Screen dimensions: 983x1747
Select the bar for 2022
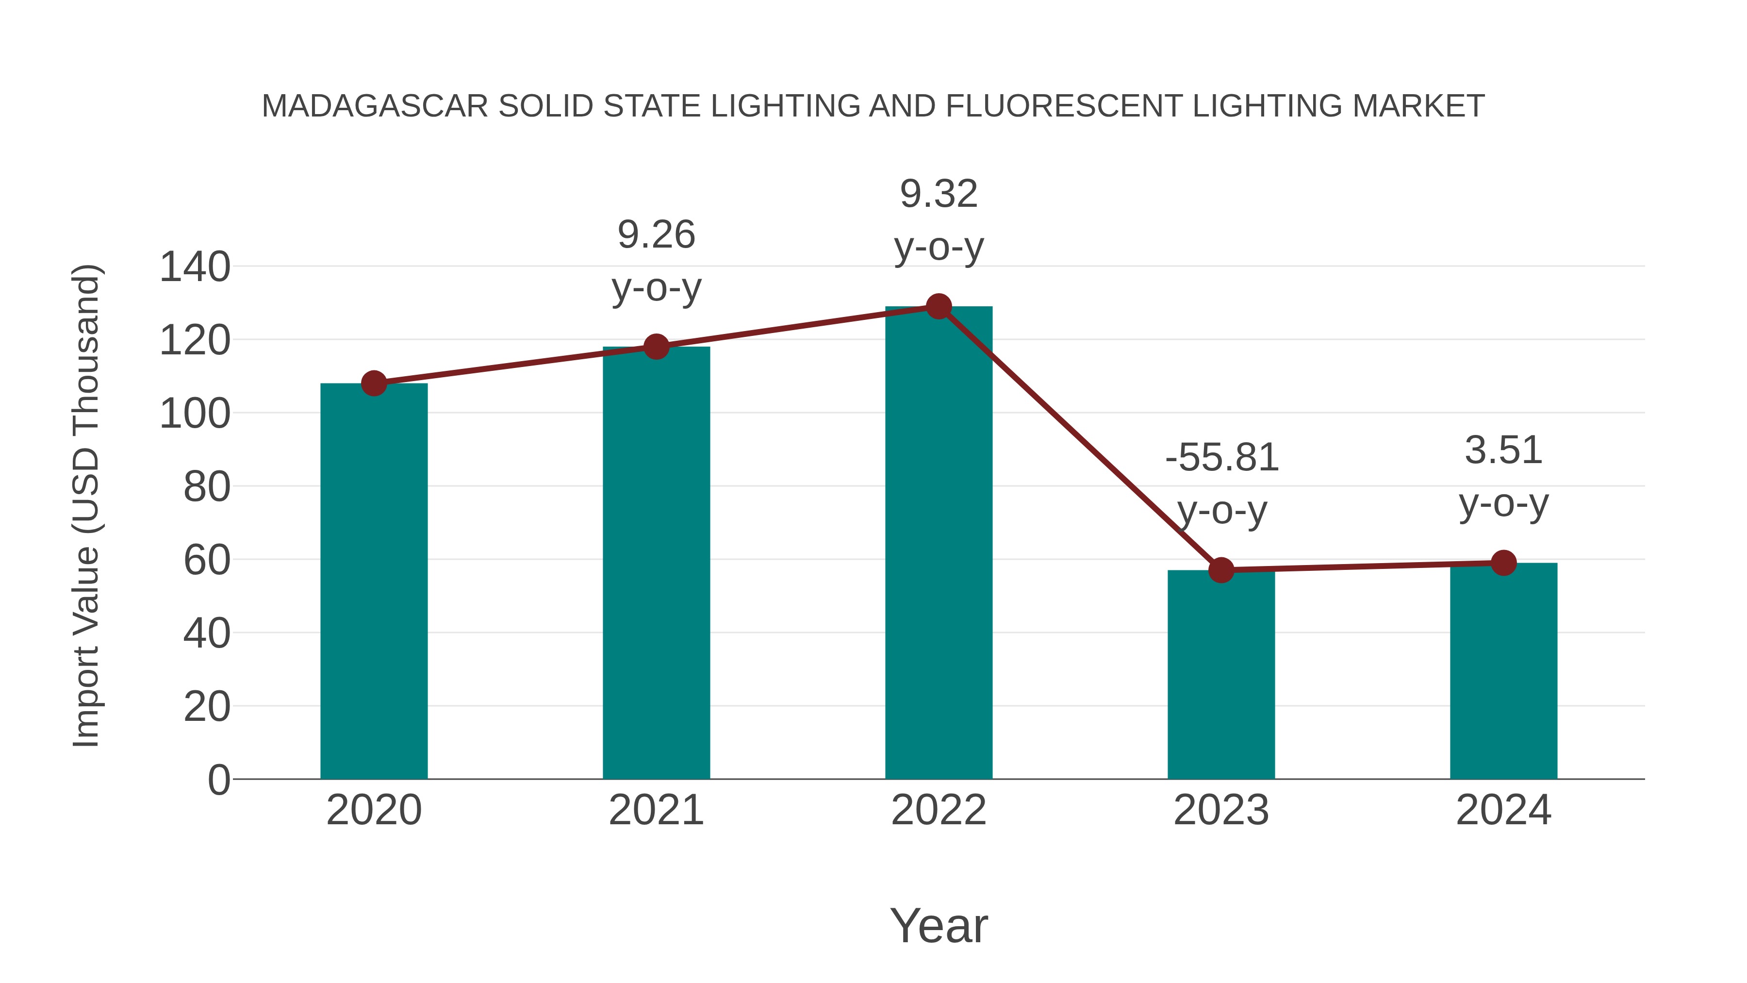coord(939,543)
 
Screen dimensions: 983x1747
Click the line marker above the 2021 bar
coord(656,347)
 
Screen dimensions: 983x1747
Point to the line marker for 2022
coord(939,307)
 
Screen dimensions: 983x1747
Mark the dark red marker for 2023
coord(1221,570)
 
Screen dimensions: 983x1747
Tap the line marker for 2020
coord(374,383)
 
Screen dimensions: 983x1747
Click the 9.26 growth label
coord(656,235)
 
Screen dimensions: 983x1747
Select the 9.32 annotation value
coord(939,194)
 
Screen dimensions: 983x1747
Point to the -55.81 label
coord(1221,457)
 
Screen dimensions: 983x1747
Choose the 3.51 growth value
coord(1503,450)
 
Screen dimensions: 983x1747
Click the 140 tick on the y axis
coord(195,267)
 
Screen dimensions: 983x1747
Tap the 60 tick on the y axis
coord(207,560)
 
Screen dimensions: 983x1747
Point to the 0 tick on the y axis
coord(218,780)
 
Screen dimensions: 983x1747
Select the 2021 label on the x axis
coord(656,810)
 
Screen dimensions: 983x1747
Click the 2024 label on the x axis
coord(1503,810)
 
